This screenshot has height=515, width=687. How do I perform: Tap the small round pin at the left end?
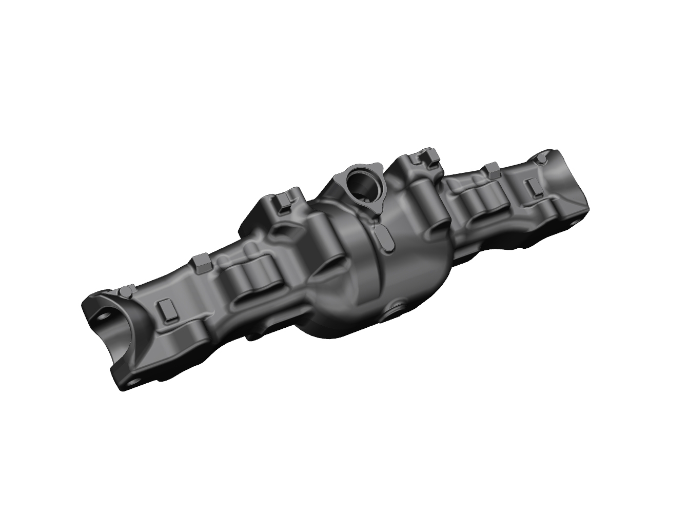pyautogui.click(x=124, y=292)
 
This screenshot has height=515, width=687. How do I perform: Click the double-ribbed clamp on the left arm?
pyautogui.click(x=251, y=280)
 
